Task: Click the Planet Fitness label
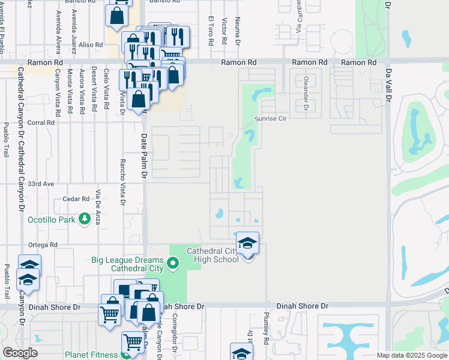click(x=92, y=355)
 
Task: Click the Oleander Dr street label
click(x=305, y=97)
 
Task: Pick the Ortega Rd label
click(x=45, y=245)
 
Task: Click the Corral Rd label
click(x=41, y=122)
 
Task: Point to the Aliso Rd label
click(x=91, y=44)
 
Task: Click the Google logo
click(x=20, y=353)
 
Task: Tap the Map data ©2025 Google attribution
click(x=411, y=355)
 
